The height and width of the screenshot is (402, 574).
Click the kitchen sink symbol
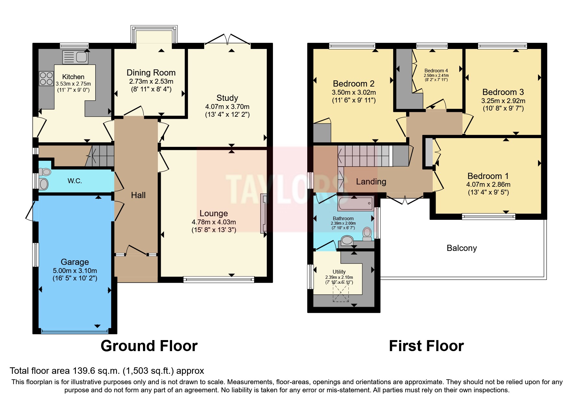pyautogui.click(x=75, y=57)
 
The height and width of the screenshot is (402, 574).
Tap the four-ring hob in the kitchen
pyautogui.click(x=46, y=78)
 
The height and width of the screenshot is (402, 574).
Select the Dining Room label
pyautogui.click(x=151, y=73)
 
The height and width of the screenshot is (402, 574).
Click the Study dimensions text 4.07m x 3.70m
pyautogui.click(x=227, y=106)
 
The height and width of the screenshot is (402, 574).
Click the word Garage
pyautogui.click(x=75, y=262)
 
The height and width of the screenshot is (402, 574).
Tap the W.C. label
pyautogui.click(x=75, y=181)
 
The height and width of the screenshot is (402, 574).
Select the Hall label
pyautogui.click(x=138, y=195)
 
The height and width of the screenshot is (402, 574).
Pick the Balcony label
pyautogui.click(x=462, y=248)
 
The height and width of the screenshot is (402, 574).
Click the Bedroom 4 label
pyautogui.click(x=436, y=71)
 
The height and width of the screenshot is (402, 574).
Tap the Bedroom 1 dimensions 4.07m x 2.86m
pyautogui.click(x=488, y=184)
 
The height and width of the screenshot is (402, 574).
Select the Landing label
pyautogui.click(x=371, y=182)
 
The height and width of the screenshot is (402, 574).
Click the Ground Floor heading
pyautogui.click(x=149, y=346)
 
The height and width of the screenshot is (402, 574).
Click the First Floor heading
pyautogui.click(x=426, y=346)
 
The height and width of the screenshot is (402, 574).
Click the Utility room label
pyautogui.click(x=339, y=272)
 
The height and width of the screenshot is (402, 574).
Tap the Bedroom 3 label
pyautogui.click(x=503, y=92)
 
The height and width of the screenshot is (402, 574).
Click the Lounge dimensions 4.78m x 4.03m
pyautogui.click(x=214, y=222)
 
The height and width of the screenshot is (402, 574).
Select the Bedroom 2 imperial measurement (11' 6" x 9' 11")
pyautogui.click(x=354, y=100)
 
